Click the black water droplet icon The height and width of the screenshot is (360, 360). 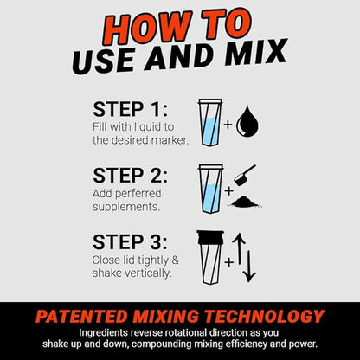click(247, 121)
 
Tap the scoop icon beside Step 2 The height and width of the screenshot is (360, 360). click(243, 176)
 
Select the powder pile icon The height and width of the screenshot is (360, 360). click(245, 202)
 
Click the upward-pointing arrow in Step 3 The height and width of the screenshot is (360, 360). click(239, 249)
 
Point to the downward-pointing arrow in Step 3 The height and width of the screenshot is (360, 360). click(249, 267)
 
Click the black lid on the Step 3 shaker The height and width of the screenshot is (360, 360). click(210, 237)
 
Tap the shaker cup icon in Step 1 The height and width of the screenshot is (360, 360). click(210, 123)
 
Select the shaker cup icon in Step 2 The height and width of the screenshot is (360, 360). click(210, 189)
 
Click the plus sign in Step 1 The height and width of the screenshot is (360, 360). click(228, 125)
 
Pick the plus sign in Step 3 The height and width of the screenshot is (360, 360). click(228, 262)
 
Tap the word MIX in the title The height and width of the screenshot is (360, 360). click(256, 54)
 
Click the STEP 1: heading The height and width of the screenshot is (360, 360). click(130, 109)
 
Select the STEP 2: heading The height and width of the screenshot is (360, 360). click(130, 176)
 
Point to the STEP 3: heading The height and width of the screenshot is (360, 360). click(130, 241)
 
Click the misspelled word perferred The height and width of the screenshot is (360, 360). click(138, 194)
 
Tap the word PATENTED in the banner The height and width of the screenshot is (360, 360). click(81, 317)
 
